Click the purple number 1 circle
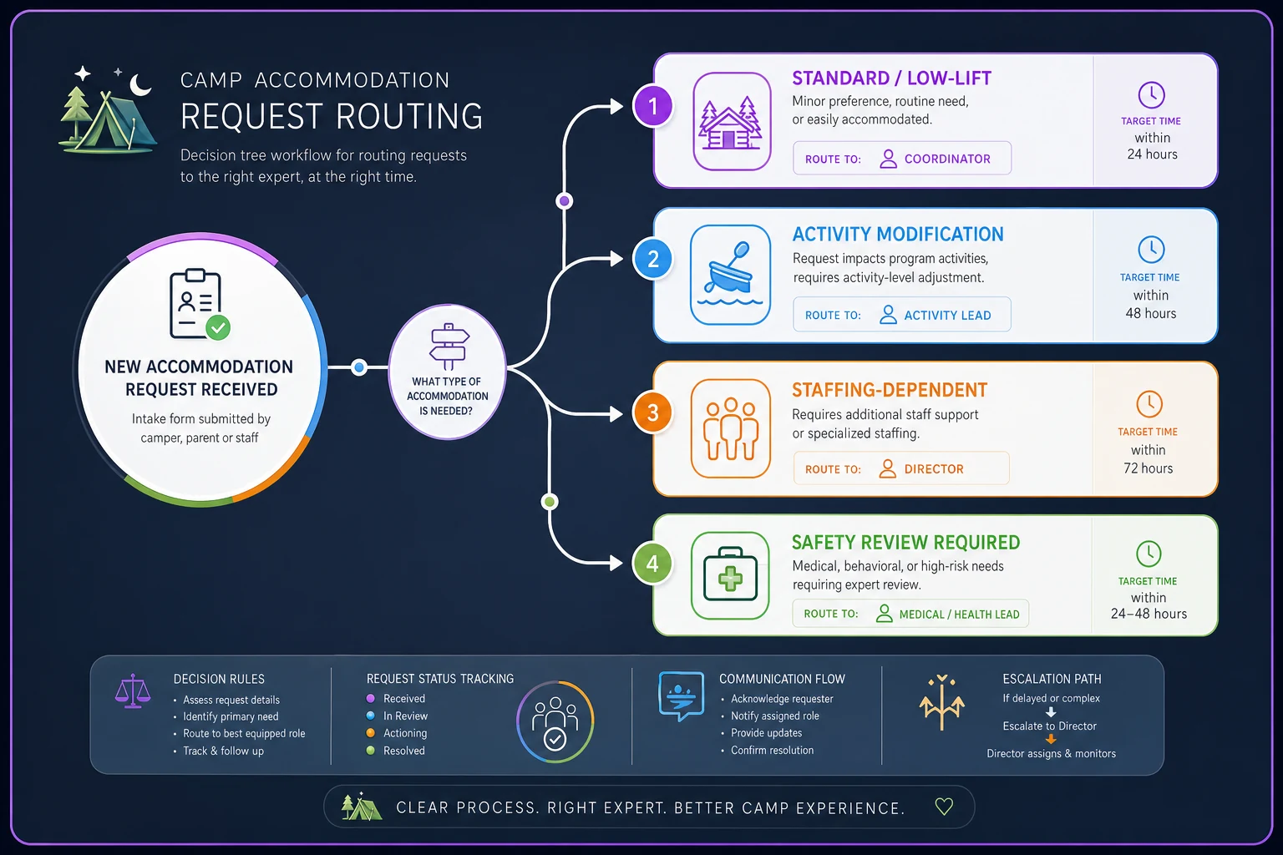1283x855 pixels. click(x=652, y=107)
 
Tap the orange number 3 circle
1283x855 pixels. click(x=652, y=412)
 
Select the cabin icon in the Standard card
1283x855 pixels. click(x=732, y=121)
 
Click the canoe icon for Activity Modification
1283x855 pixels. click(x=730, y=275)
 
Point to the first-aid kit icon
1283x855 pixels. click(x=730, y=575)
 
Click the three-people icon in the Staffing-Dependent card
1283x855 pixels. click(x=730, y=428)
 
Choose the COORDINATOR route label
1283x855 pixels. click(x=947, y=159)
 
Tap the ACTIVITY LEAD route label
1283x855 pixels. click(x=947, y=316)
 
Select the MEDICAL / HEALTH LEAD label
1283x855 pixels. click(x=960, y=615)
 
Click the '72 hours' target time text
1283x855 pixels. click(x=1148, y=468)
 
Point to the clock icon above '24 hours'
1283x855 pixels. click(x=1151, y=95)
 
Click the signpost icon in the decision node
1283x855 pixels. click(x=449, y=347)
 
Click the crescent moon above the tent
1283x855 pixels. click(x=139, y=85)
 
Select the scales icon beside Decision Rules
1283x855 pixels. click(x=133, y=691)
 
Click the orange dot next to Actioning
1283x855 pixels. click(x=371, y=733)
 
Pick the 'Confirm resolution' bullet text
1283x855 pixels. click(x=772, y=750)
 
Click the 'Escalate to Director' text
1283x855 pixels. click(x=1049, y=726)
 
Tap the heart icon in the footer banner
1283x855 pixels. click(x=944, y=807)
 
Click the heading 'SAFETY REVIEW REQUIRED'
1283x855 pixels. click(x=905, y=543)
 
